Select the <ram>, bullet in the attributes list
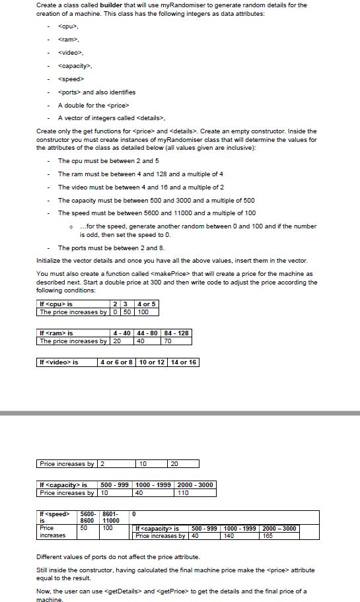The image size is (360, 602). point(69,40)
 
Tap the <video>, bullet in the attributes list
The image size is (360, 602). point(71,53)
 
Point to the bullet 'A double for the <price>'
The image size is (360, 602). point(93,105)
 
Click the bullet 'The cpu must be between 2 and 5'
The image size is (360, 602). point(108,160)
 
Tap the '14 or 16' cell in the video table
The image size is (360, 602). point(184,362)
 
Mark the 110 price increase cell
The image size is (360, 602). point(182,492)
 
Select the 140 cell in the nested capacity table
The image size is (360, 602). point(229,535)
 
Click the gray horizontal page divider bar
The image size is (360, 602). point(180,413)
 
